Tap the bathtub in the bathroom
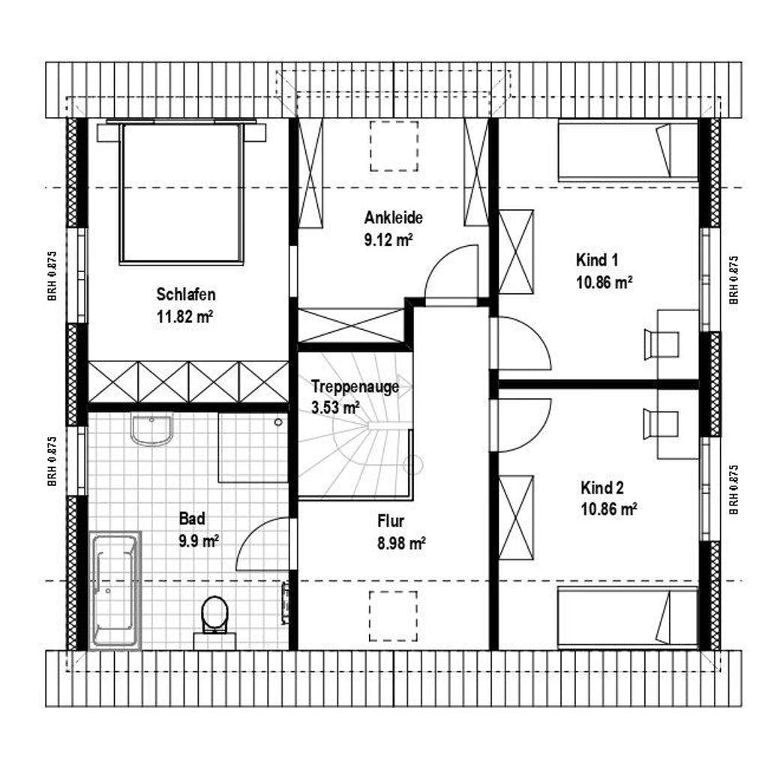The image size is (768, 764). click(115, 590)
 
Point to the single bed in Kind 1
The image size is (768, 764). click(628, 151)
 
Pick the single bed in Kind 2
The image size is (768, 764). click(628, 618)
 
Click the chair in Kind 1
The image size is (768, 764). click(661, 344)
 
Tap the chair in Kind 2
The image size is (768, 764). click(661, 424)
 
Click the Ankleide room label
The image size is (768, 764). click(393, 217)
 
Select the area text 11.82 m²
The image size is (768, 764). click(184, 316)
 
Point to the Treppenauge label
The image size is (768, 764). click(355, 387)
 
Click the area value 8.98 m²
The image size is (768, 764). click(401, 543)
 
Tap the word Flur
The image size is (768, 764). click(391, 520)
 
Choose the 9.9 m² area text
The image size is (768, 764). click(198, 541)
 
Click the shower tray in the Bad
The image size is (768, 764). click(253, 448)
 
